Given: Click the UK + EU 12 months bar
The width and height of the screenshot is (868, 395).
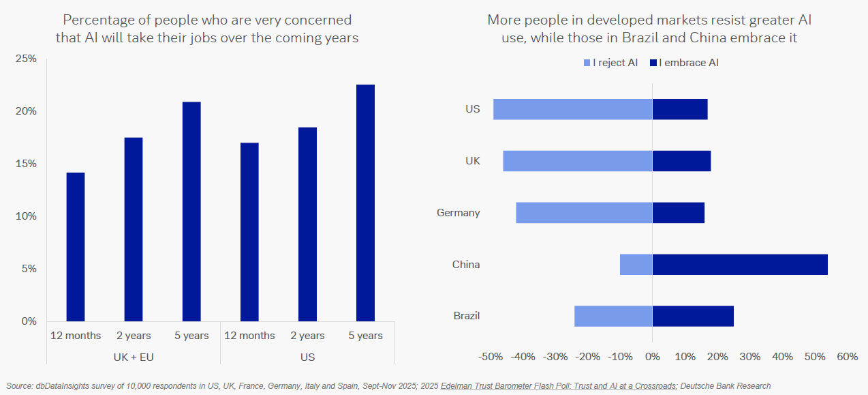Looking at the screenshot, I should [x=76, y=247].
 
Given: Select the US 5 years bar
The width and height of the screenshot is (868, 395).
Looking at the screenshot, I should [x=366, y=203].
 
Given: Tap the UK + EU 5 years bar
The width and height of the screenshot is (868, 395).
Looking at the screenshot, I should [x=191, y=211].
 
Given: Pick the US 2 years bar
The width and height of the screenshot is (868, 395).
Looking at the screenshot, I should [x=307, y=224].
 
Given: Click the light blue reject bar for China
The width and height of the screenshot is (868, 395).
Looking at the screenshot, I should [x=636, y=265].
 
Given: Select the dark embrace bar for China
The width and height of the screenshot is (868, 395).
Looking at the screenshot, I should [x=740, y=265].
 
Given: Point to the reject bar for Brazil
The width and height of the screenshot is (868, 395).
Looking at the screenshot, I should [x=613, y=316].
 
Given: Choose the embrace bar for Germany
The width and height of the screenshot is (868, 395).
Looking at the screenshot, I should [x=678, y=213].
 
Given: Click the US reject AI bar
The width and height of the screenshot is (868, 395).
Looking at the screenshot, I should [x=572, y=109].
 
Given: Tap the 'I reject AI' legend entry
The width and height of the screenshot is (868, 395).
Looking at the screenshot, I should [x=610, y=63].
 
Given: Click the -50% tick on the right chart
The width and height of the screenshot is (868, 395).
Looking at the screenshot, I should [x=491, y=357].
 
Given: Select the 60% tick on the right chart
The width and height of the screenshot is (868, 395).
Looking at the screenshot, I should [x=847, y=357].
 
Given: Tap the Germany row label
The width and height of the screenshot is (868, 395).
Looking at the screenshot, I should [x=458, y=213].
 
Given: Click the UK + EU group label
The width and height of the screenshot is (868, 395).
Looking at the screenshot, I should [x=134, y=357].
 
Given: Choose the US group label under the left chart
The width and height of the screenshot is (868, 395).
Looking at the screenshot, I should [x=307, y=357].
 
